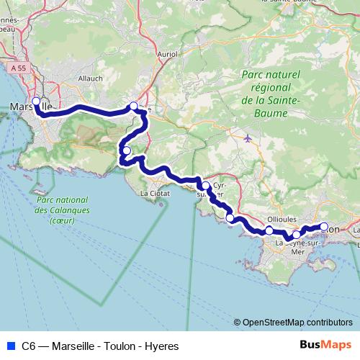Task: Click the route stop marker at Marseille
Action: tap(36, 102)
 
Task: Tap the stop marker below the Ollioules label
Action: tap(269, 230)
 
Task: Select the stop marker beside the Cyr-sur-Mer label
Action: tap(206, 186)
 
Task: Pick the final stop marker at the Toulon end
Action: tap(324, 227)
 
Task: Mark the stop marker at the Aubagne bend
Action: tap(133, 107)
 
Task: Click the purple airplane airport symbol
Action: tap(249, 138)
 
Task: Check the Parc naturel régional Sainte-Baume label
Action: tap(270, 93)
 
